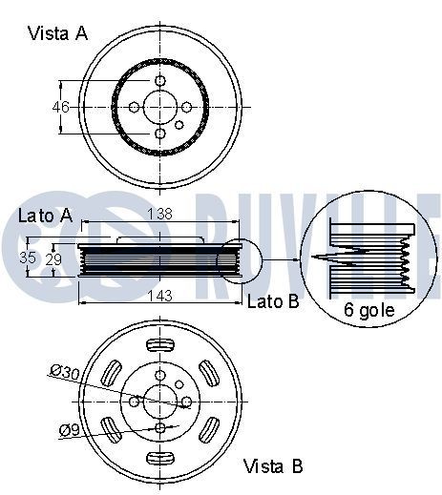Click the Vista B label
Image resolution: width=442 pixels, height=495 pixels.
tap(273, 466)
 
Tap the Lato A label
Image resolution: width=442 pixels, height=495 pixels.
tap(45, 216)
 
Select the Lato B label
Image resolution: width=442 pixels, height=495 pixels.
tap(273, 303)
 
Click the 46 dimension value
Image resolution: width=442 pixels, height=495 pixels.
tap(61, 107)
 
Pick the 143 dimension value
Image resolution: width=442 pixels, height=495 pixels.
tap(159, 297)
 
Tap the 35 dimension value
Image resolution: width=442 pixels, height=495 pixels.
tap(29, 258)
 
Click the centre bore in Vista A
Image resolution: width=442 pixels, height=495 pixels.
tap(160, 107)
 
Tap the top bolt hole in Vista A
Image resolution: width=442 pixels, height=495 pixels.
tap(160, 80)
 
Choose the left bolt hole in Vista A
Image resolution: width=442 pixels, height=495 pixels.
tap(134, 107)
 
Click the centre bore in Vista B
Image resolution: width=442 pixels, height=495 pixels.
tap(160, 401)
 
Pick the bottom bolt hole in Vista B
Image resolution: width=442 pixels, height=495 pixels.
tap(160, 427)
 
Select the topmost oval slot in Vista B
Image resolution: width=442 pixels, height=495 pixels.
tap(160, 341)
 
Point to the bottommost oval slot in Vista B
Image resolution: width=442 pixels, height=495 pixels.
tap(160, 462)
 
